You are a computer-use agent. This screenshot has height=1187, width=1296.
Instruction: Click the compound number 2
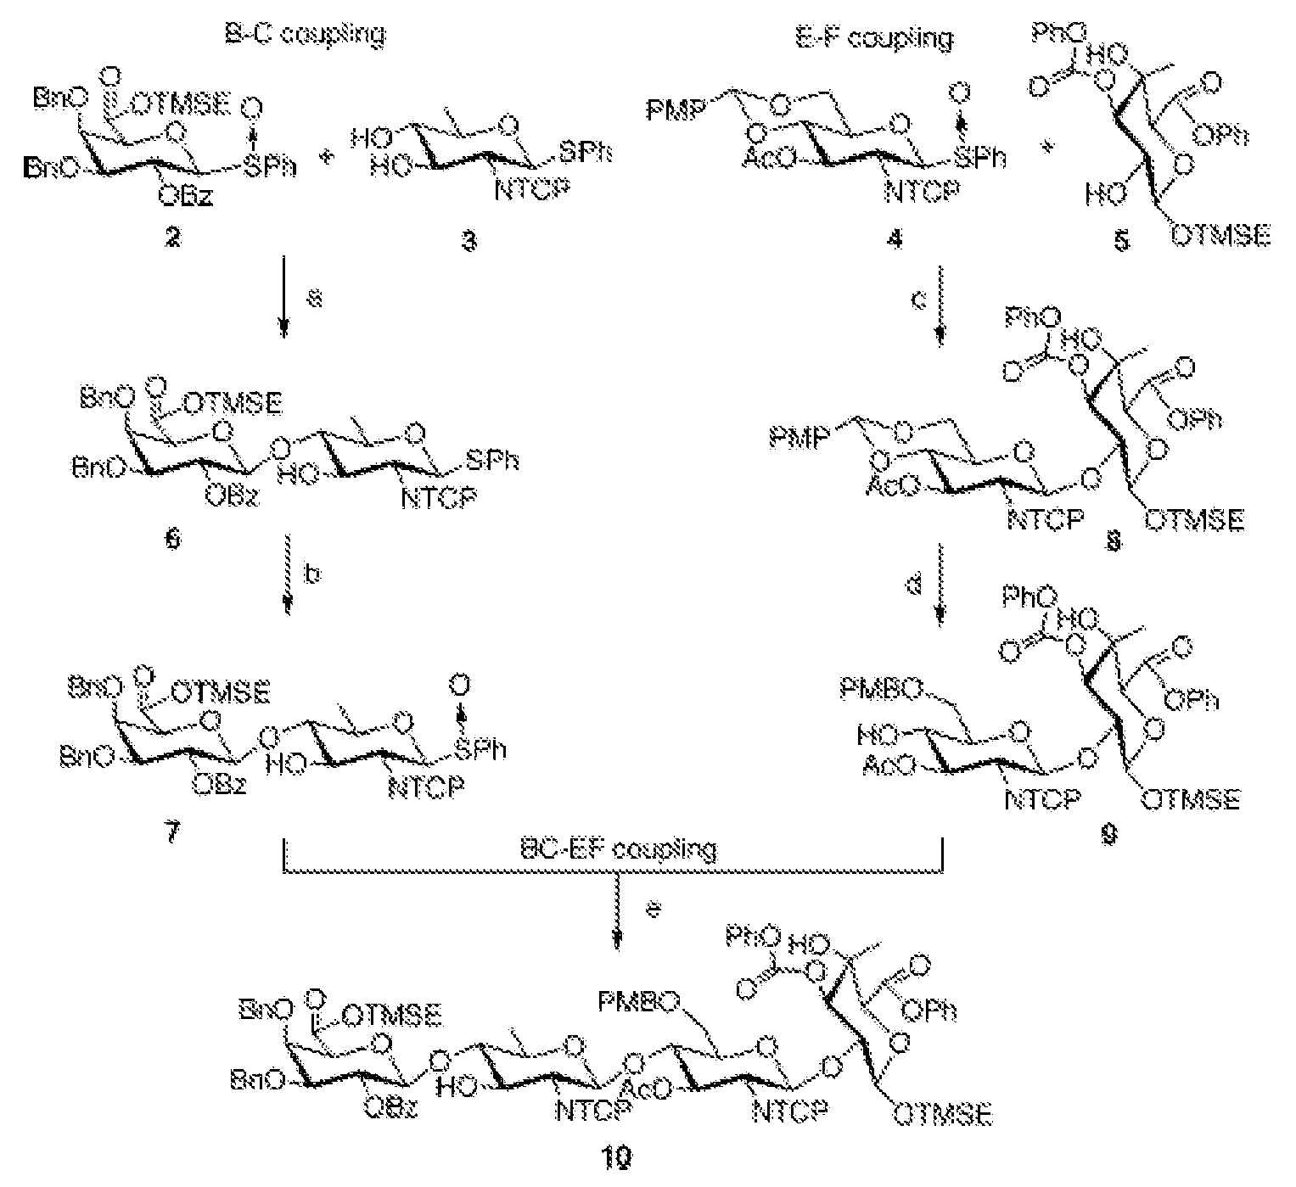pos(173,239)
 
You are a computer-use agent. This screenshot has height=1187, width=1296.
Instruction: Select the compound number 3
pos(468,241)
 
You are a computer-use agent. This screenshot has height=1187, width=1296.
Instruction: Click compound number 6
pos(174,540)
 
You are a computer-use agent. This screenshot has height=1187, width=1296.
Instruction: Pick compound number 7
pos(173,832)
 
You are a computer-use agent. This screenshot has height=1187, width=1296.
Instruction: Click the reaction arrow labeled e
pos(617,920)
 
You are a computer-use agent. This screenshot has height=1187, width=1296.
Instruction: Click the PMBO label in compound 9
pos(879,691)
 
